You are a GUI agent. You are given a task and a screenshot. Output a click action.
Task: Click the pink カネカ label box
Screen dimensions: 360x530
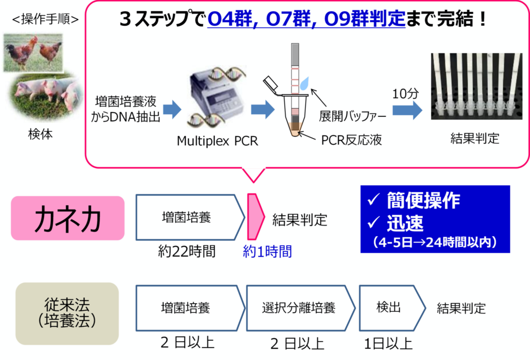click(67, 218)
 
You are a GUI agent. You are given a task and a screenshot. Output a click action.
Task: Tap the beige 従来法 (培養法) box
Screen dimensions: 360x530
click(67, 313)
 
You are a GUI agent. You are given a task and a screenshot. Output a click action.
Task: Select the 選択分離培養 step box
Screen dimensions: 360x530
click(298, 308)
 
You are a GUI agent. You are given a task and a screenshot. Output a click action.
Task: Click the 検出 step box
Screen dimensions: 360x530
click(388, 308)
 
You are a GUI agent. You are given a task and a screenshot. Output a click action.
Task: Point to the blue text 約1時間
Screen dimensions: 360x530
click(267, 251)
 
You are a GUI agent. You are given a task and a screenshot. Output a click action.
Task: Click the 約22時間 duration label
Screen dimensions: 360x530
click(187, 251)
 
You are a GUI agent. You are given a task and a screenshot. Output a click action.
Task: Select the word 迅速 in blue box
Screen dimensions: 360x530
click(405, 223)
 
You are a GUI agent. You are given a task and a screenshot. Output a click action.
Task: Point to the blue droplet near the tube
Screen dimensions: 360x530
click(305, 82)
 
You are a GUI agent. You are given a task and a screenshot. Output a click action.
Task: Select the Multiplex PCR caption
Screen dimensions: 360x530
click(217, 140)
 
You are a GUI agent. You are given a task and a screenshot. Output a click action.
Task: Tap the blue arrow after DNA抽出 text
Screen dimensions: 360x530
click(172, 109)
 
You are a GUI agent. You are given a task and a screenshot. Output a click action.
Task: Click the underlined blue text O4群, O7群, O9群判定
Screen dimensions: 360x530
click(306, 20)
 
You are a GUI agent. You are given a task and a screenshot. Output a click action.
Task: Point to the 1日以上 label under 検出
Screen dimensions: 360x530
click(389, 343)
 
